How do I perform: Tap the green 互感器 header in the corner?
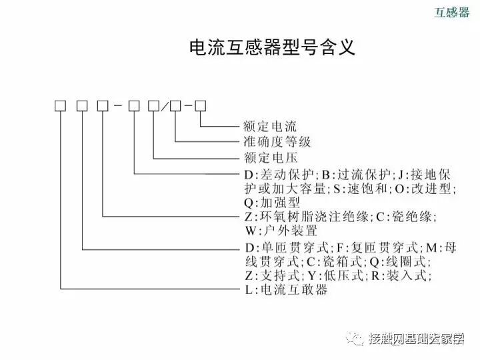(x=452, y=13)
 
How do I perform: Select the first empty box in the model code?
(x=61, y=105)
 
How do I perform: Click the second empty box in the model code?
(x=81, y=105)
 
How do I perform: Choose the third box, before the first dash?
(x=103, y=105)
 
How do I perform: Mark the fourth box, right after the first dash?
(x=134, y=105)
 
